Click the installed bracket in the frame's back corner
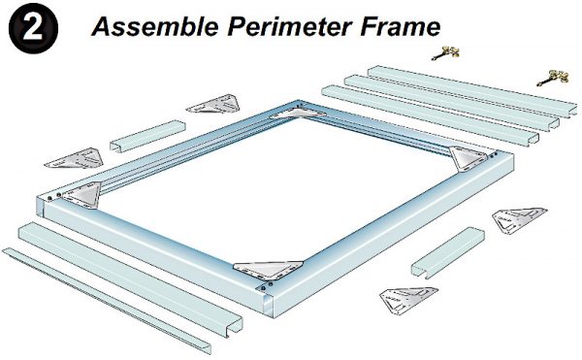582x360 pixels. [x=290, y=114]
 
